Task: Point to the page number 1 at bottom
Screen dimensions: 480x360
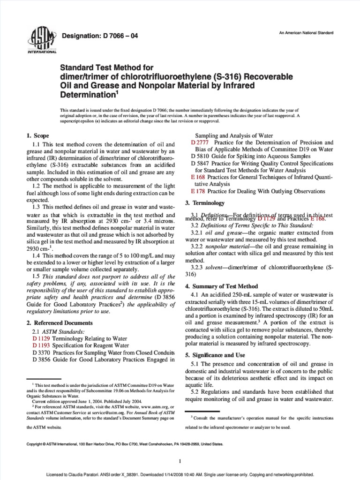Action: click(180, 462)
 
